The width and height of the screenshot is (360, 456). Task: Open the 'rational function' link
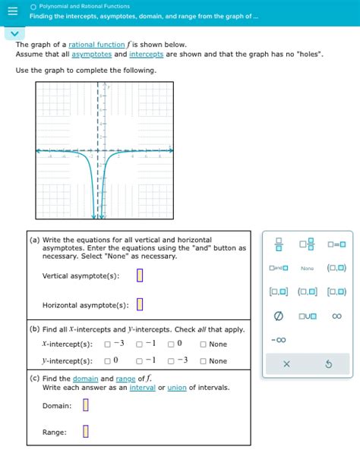click(98, 45)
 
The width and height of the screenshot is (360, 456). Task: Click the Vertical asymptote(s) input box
click(140, 275)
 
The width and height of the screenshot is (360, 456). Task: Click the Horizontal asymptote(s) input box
click(140, 305)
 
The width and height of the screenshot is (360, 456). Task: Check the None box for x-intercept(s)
click(204, 344)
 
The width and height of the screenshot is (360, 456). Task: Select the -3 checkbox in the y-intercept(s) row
click(172, 361)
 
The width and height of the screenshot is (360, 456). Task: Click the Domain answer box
click(86, 405)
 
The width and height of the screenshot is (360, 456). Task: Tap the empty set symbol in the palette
click(278, 316)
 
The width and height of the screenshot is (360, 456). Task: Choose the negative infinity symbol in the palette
click(278, 339)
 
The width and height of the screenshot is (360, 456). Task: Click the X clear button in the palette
click(286, 365)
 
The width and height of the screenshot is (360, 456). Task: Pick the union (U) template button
click(307, 316)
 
